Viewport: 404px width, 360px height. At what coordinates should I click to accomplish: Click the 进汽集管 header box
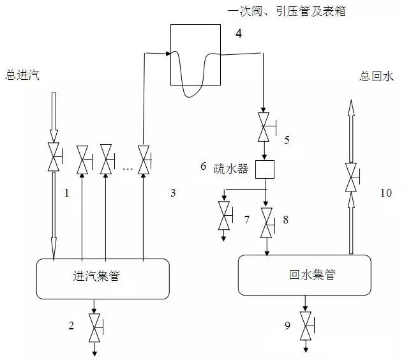[102, 278]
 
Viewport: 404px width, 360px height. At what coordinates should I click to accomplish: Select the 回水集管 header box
[304, 276]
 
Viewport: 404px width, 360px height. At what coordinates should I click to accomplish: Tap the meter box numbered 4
[198, 54]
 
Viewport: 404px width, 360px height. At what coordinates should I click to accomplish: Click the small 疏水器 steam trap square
[264, 169]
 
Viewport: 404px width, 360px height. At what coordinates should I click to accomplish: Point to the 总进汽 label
[22, 76]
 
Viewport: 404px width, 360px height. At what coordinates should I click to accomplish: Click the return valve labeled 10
[350, 177]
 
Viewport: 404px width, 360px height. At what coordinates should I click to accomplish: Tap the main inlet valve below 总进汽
[54, 156]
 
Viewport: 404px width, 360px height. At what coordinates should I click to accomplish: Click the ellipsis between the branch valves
[127, 169]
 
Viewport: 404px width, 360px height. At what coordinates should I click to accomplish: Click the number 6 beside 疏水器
[203, 166]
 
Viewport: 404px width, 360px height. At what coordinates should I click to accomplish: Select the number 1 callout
[66, 191]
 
